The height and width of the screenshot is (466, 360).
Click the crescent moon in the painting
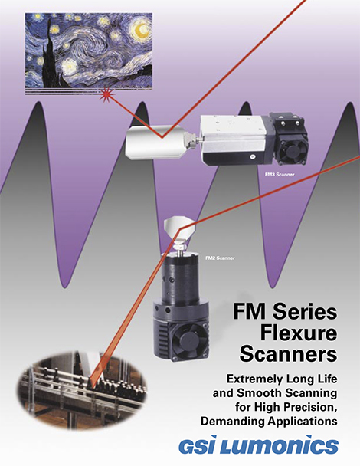pos(140,31)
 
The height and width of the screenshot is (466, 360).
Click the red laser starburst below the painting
pos(106,95)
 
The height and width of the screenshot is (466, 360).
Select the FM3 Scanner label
pos(280,175)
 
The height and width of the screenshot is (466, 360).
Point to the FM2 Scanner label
pos(220,258)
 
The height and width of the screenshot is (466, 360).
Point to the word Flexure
pos(299,333)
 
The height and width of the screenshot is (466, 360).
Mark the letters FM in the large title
pos(250,312)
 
